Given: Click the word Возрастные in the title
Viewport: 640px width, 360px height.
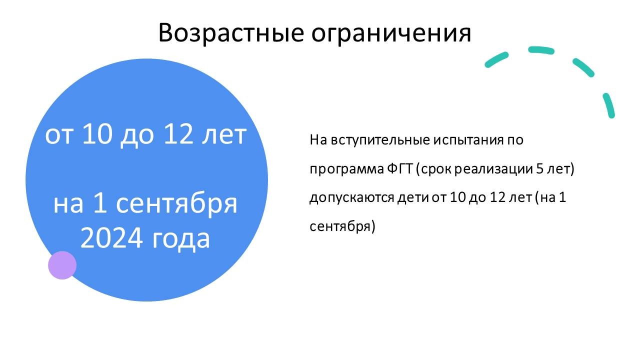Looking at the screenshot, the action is pos(231,33).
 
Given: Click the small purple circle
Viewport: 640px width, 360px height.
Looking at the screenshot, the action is pos(62,265).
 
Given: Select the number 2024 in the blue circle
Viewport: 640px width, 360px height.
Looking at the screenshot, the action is pos(111,238).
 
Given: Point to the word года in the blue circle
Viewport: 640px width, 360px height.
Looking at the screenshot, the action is pos(181,239).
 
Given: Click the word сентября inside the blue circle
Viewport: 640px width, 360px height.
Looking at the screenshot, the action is pos(177,205).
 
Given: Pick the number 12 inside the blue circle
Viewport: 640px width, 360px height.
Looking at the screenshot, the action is pos(178,134).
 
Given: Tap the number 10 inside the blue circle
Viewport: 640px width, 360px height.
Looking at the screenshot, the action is pos(97,134).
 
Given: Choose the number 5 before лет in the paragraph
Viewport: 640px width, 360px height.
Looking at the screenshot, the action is pos(539,168).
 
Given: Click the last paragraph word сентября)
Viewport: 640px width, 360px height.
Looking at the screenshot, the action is pos(342,227).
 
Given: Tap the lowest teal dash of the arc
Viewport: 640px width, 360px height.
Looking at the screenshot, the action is pos(609,105).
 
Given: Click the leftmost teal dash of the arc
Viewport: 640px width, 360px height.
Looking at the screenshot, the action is pos(496,59).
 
